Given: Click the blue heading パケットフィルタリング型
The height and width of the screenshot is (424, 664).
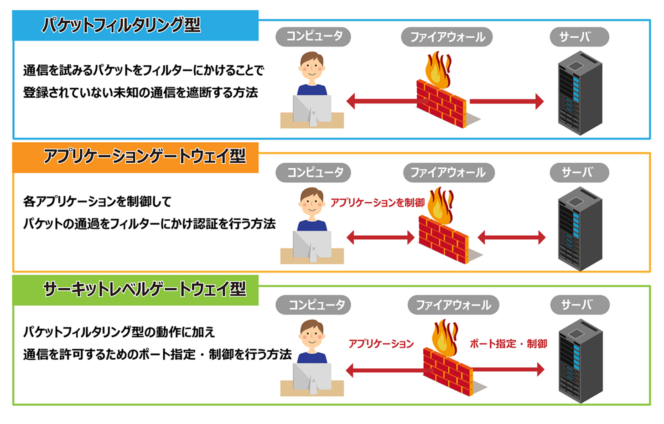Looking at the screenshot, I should pyautogui.click(x=121, y=25).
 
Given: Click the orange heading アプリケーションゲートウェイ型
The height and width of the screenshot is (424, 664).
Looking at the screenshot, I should pyautogui.click(x=144, y=156).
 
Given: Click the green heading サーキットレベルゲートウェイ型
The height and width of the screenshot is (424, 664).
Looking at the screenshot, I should pyautogui.click(x=144, y=289).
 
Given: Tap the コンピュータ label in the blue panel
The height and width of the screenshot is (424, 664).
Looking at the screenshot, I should pyautogui.click(x=313, y=36).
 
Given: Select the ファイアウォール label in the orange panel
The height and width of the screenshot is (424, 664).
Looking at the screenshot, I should pyautogui.click(x=448, y=172).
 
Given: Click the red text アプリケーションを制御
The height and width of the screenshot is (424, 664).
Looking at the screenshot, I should pyautogui.click(x=377, y=202).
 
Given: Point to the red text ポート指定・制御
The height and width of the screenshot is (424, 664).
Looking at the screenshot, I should pyautogui.click(x=508, y=343).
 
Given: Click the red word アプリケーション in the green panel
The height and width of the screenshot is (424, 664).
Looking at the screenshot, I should pyautogui.click(x=381, y=343).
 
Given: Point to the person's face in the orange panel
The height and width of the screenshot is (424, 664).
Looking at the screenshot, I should pyautogui.click(x=312, y=203).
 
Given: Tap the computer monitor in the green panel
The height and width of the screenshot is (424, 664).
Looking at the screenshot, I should pyautogui.click(x=312, y=376).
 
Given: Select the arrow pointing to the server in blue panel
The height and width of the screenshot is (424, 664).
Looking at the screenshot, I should pyautogui.click(x=506, y=101).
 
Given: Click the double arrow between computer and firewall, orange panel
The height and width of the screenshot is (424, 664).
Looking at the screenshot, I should pyautogui.click(x=380, y=237).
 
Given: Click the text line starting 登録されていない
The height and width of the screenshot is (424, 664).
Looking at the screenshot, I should pyautogui.click(x=140, y=93).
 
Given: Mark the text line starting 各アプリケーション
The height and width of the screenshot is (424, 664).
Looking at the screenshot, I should pyautogui.click(x=97, y=201).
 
